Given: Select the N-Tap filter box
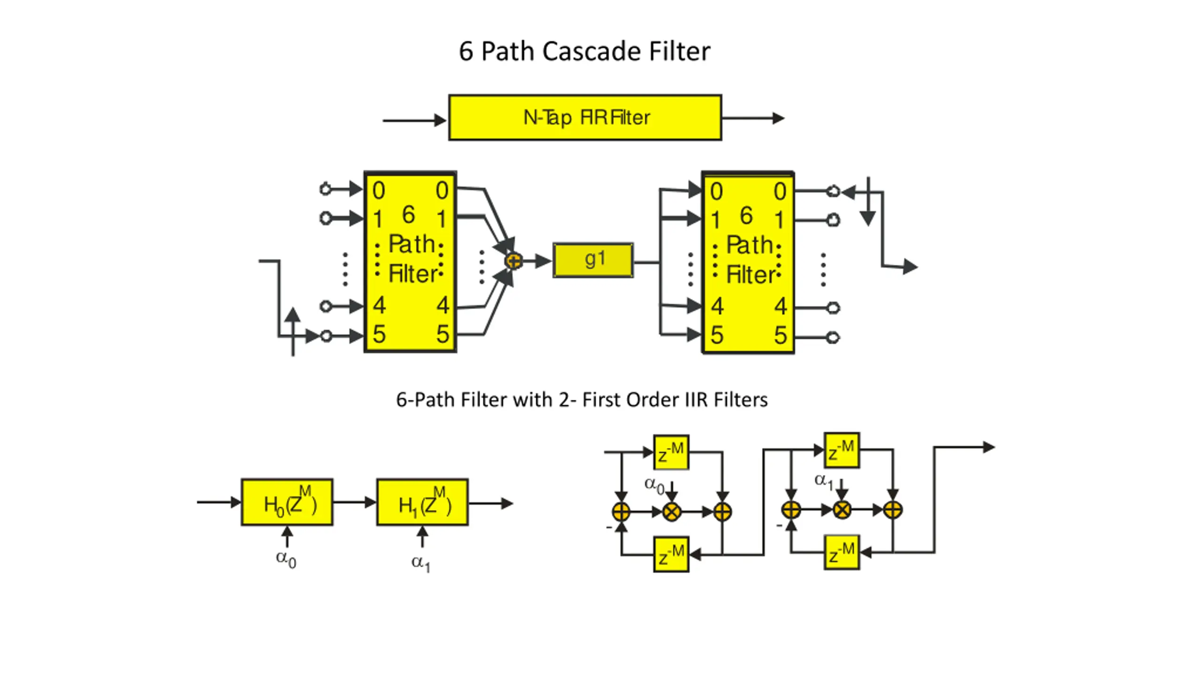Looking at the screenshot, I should pos(585,117).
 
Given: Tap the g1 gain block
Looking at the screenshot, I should pos(593,260).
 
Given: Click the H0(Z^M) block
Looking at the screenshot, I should pos(287,502).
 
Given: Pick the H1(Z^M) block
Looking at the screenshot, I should pos(422,502).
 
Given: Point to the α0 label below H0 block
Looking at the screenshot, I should pos(286,559).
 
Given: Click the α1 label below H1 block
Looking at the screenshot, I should pos(421,563).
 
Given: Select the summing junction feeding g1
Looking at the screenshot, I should pos(514,261).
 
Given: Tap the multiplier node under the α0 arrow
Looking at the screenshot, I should pos(672,512).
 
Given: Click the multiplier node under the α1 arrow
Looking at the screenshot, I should pos(842,510).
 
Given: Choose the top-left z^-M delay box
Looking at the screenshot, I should pos(671,452).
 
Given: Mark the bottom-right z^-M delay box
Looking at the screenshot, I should pos(842,553).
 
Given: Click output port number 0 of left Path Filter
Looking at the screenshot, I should pos(442,191).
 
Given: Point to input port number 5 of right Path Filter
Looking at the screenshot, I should pos(716,335).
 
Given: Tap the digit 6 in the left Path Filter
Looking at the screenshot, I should pos(409,215).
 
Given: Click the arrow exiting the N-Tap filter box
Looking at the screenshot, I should pos(753,118).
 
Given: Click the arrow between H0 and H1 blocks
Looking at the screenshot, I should pos(355,502).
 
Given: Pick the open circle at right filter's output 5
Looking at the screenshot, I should pos(833,338).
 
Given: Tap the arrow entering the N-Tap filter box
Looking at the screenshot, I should pos(415,121).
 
